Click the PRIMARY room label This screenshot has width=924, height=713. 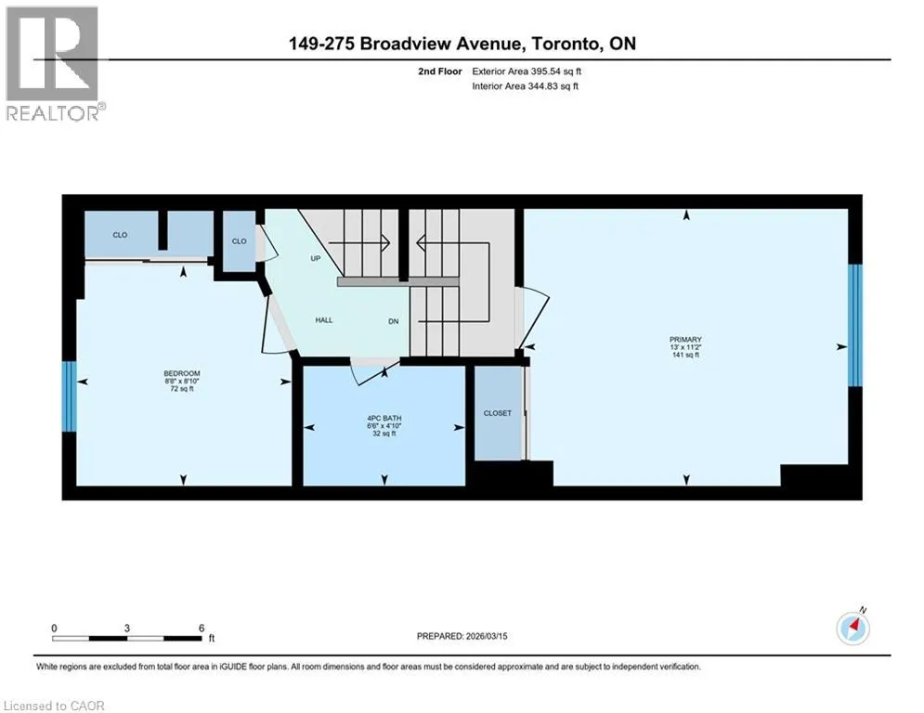pyautogui.click(x=685, y=340)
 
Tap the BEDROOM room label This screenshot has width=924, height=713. pyautogui.click(x=181, y=373)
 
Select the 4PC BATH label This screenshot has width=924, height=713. pyautogui.click(x=384, y=419)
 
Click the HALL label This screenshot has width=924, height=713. pyautogui.click(x=324, y=320)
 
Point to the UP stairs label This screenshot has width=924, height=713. pyautogui.click(x=315, y=258)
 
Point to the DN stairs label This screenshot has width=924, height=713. pyautogui.click(x=393, y=321)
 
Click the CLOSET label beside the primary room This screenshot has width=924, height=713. pyautogui.click(x=498, y=413)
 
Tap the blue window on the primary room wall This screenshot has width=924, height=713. pyautogui.click(x=855, y=325)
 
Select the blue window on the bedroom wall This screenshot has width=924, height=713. pyautogui.click(x=70, y=396)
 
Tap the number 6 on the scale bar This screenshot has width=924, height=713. pyautogui.click(x=202, y=629)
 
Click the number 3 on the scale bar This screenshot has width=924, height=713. pyautogui.click(x=126, y=629)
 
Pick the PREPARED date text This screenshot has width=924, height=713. pyautogui.click(x=462, y=636)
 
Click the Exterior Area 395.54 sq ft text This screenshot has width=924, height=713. pyautogui.click(x=527, y=71)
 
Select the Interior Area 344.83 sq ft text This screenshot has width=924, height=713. pyautogui.click(x=525, y=86)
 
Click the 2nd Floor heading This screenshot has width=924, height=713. pyautogui.click(x=440, y=71)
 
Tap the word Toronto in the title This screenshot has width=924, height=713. pyautogui.click(x=566, y=44)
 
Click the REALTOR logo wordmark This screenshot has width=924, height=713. pyautogui.click(x=53, y=113)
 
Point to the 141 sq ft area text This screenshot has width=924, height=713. pyautogui.click(x=685, y=355)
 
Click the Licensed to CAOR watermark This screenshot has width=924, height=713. pyautogui.click(x=54, y=706)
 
